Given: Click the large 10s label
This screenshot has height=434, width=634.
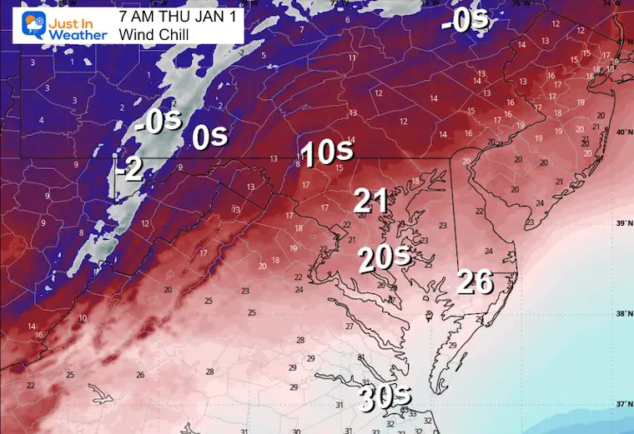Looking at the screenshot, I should click(x=327, y=154).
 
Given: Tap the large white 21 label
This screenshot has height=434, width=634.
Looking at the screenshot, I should click(x=370, y=201).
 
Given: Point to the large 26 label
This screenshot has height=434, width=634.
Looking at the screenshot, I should click(x=475, y=283).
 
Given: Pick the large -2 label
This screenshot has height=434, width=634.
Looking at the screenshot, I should click(x=131, y=170).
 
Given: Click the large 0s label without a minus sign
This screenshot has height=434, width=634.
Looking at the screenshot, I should click(x=210, y=137).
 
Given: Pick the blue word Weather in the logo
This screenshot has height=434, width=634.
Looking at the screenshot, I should click(x=78, y=35).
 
